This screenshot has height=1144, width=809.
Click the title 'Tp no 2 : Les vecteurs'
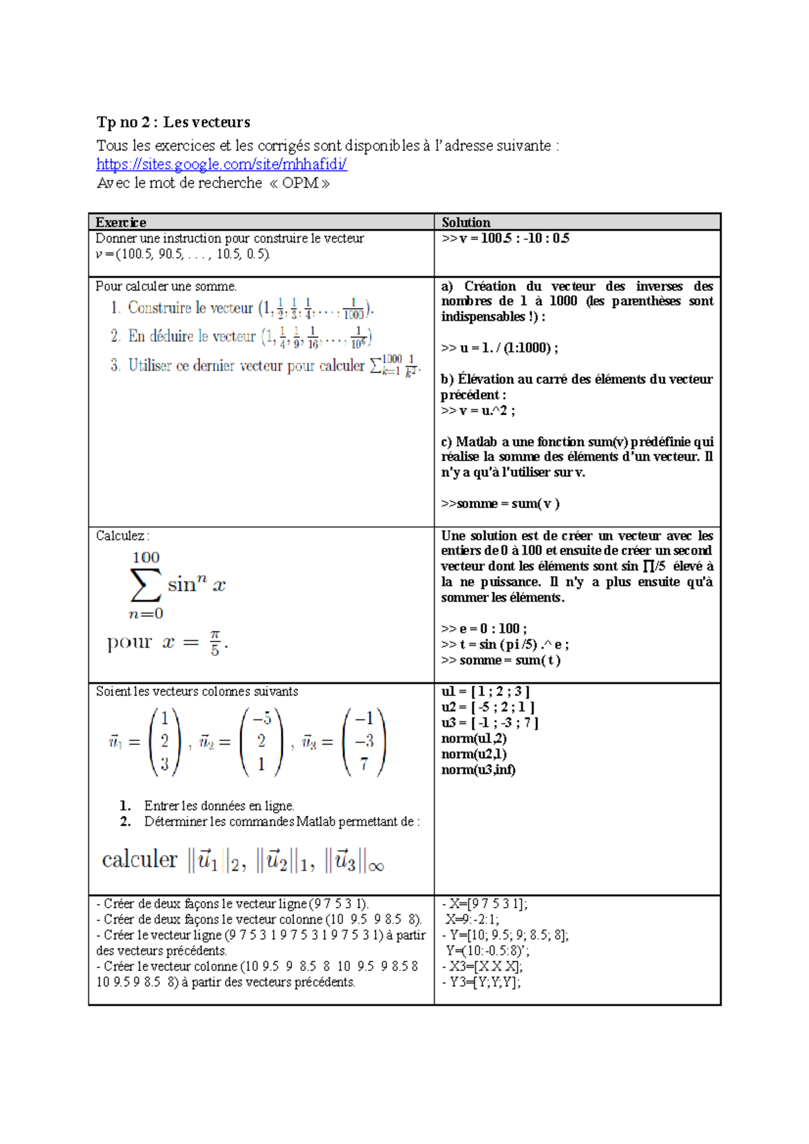[x=173, y=122]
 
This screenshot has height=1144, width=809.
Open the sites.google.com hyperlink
[x=221, y=164]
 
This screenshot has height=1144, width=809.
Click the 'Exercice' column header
[x=121, y=222]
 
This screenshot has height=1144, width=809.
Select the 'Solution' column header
[x=466, y=222]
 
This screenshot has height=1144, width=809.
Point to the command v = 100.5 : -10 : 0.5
[x=506, y=239]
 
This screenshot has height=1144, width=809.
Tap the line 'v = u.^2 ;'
[x=478, y=410]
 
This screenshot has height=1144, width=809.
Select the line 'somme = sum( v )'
[x=501, y=503]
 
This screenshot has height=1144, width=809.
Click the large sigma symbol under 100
[x=146, y=585]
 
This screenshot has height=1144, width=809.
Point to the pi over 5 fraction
[x=215, y=643]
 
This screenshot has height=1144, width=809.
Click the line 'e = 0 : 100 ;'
[x=485, y=629]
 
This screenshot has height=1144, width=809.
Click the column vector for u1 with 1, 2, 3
[x=164, y=741]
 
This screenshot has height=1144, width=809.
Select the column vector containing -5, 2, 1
[x=262, y=741]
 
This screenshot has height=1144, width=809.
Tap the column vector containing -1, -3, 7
[x=364, y=741]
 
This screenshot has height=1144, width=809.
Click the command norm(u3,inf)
[x=478, y=769]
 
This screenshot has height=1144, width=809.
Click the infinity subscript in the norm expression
[x=376, y=866]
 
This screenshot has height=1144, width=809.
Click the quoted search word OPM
[x=300, y=183]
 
